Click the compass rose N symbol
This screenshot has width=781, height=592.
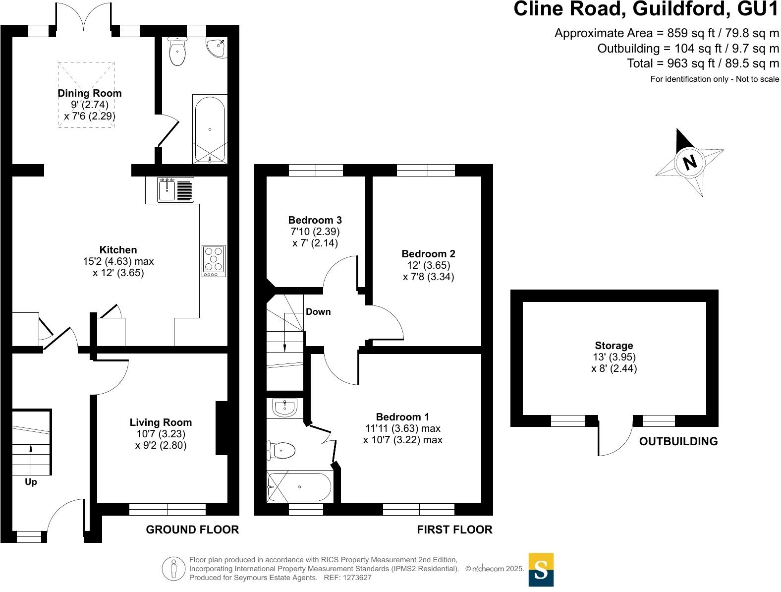tap(689, 162)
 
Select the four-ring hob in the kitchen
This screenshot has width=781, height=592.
tap(214, 261)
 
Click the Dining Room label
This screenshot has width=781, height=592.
tap(90, 93)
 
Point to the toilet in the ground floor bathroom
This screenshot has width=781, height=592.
tap(177, 52)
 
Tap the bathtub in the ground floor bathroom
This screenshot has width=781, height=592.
tap(210, 129)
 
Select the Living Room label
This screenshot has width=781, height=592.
tap(161, 422)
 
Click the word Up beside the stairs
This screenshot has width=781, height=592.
tap(31, 482)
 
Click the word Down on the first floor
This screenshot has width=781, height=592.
tap(318, 312)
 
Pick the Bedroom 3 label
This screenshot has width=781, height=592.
tap(315, 220)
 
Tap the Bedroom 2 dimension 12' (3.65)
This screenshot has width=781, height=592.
tap(428, 265)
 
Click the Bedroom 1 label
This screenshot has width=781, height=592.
tap(402, 417)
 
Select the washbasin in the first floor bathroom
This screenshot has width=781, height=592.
tap(284, 408)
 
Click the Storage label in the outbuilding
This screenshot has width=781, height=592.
tap(614, 346)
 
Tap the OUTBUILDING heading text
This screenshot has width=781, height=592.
tap(678, 441)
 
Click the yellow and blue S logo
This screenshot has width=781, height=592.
tap(541, 570)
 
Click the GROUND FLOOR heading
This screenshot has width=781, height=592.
tap(192, 530)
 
